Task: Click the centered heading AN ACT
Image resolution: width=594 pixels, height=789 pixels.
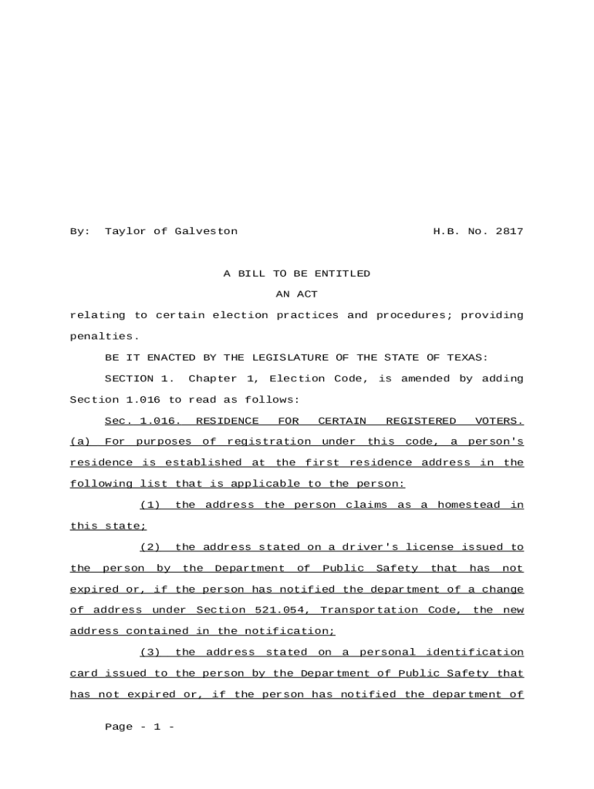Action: click(x=296, y=294)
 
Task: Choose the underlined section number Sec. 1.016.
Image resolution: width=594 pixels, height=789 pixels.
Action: click(x=143, y=421)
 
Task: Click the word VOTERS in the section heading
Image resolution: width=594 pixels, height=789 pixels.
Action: click(x=498, y=421)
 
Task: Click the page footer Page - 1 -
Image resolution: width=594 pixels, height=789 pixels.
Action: click(x=140, y=727)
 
